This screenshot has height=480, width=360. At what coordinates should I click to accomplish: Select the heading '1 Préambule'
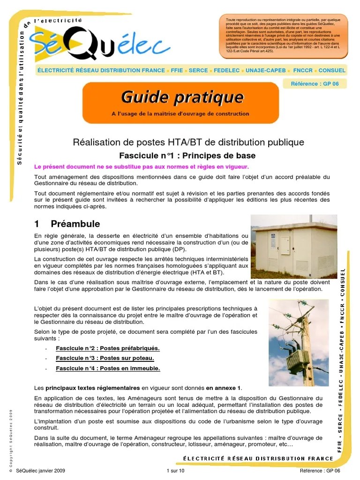pyautogui.click(x=67, y=224)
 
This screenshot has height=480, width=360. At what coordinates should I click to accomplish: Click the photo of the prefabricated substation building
pyautogui.click(x=293, y=246)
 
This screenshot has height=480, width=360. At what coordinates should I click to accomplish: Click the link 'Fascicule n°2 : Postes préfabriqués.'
pyautogui.click(x=107, y=348)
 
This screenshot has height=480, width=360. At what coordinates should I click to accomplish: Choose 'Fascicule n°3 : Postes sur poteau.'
pyautogui.click(x=105, y=358)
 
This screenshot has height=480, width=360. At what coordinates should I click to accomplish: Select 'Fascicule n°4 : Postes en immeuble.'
pyautogui.click(x=107, y=368)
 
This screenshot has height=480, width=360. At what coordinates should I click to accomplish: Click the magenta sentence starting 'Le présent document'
pyautogui.click(x=141, y=167)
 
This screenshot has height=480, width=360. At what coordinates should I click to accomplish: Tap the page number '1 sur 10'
pyautogui.click(x=176, y=471)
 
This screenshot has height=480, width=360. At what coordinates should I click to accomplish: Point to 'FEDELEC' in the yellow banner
pyautogui.click(x=226, y=70)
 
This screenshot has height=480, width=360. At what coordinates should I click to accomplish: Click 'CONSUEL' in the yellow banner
pyautogui.click(x=332, y=70)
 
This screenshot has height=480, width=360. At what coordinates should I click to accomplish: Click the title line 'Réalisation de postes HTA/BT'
pyautogui.click(x=188, y=142)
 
